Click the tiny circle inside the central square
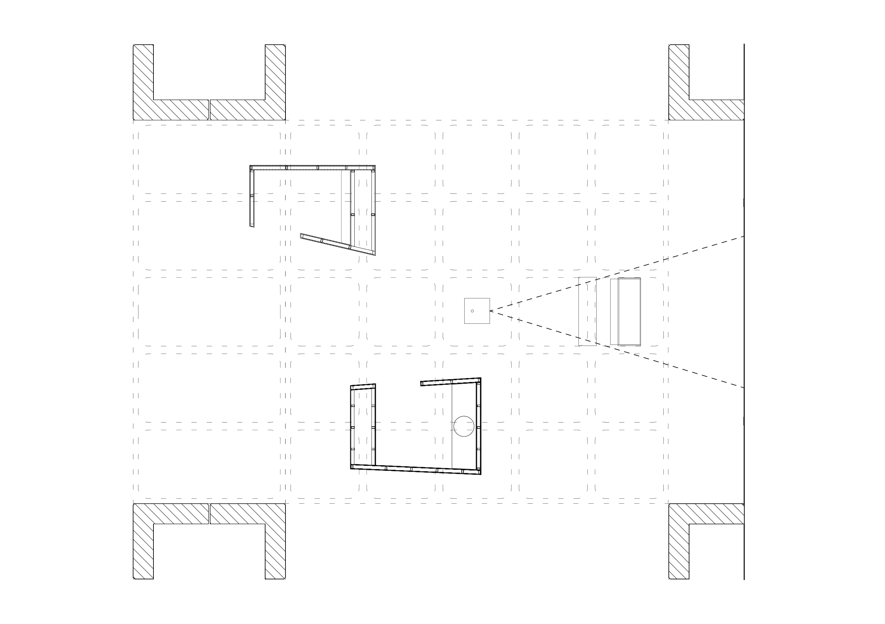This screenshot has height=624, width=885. tap(472, 311)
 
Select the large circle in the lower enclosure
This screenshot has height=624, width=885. tap(464, 426)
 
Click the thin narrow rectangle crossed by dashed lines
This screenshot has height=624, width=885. tap(587, 311)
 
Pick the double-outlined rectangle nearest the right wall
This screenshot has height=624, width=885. tap(629, 311)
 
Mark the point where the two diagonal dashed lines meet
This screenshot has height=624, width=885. tap(490, 311)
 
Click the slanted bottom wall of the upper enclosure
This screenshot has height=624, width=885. tap(337, 244)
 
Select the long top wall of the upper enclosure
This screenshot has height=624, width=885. tap(312, 167)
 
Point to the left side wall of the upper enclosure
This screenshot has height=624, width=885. tap(252, 197)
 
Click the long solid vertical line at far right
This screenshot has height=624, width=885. tap(744, 308)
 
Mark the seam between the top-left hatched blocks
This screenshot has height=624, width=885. tap(209, 110)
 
